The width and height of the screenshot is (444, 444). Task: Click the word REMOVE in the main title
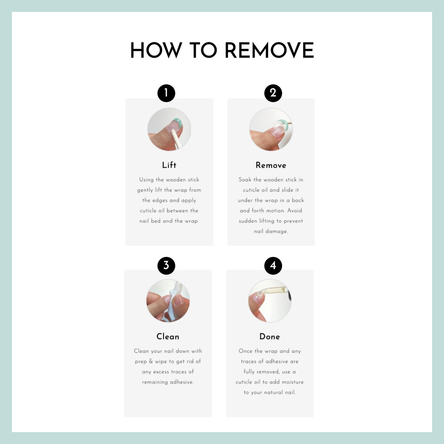point(269,50)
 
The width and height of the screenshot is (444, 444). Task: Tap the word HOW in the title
point(156,50)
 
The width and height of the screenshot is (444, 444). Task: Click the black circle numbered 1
point(166,93)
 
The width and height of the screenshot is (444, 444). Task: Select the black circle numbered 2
point(273,93)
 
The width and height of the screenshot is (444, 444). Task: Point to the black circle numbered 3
point(166,266)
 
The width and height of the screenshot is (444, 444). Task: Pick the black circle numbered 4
point(273,266)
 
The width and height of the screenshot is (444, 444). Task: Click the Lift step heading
point(169,165)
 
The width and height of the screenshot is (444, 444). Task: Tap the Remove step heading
point(271,165)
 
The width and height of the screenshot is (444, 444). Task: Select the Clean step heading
point(168,337)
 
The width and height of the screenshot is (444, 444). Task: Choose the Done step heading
point(269,337)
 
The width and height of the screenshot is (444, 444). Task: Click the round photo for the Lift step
point(169,129)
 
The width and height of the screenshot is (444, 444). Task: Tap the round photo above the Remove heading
point(271,129)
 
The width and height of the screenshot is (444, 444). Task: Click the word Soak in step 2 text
point(245,180)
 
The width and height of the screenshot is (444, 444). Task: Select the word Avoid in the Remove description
point(295,210)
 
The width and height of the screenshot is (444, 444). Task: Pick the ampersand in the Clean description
point(151,361)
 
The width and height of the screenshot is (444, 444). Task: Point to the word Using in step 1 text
point(146,180)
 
